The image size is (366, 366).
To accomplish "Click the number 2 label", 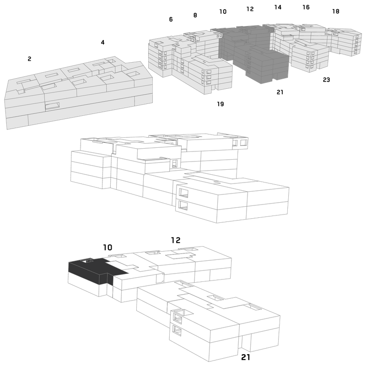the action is pos(29,59).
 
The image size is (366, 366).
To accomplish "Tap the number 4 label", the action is pos(102,43).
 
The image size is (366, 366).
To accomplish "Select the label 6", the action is pos(171,19).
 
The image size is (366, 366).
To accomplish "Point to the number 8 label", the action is pos(195,16).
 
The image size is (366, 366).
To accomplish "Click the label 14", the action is pos(278,7).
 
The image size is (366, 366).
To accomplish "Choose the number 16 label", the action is pos(306,7).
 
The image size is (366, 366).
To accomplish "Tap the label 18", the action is pos(336,11).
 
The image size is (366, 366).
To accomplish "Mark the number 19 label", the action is pos(221,104).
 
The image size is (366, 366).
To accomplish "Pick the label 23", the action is pos(326,80).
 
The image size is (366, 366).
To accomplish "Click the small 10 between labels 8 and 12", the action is pos(223,11).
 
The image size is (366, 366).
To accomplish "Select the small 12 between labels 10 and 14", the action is pos(250,9).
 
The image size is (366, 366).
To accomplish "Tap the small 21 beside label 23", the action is pos(280,92).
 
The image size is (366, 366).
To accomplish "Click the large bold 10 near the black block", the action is pos(108,248).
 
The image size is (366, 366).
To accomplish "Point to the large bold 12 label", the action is pos(176,240).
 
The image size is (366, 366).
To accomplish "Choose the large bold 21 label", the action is pos(246,357).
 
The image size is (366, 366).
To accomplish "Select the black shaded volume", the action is pos(93,271).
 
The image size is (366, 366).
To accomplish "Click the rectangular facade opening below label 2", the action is pos(52,106).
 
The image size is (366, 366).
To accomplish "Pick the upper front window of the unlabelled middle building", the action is pos(183,193).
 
